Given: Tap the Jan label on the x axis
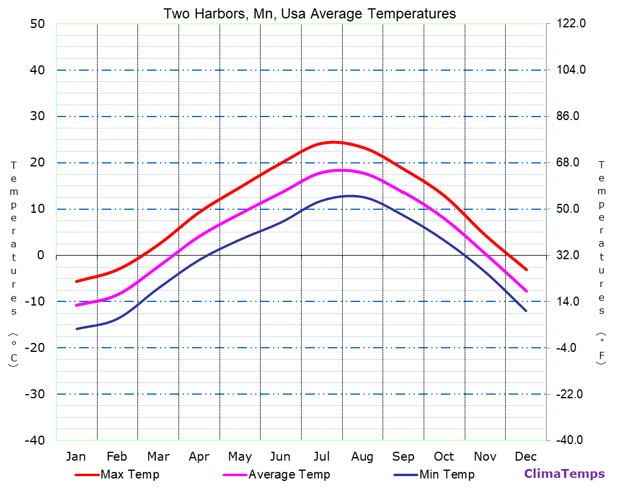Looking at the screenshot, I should point(76,456).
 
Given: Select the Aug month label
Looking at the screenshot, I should point(362,456).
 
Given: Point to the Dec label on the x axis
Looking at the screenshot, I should point(526,456).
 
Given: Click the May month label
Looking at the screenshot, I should point(240,456).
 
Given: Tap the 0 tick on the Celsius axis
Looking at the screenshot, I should point(40,255).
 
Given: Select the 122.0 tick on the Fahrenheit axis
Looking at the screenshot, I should point(571,24).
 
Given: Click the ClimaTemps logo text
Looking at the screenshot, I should point(564,474).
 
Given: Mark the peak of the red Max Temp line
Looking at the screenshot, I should point(333,142).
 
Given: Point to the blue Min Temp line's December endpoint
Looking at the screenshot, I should point(526,311).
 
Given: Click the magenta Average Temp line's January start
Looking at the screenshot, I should point(76,305).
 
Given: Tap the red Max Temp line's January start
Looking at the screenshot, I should point(76,281).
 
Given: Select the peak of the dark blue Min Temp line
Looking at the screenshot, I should point(351,196).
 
